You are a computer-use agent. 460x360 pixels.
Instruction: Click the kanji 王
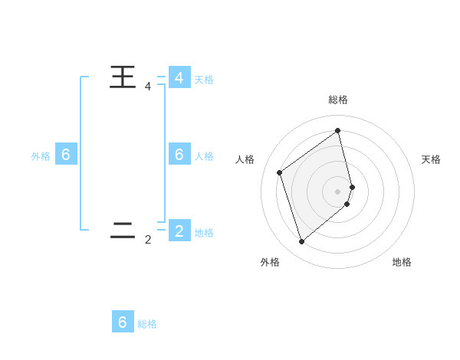click(x=123, y=77)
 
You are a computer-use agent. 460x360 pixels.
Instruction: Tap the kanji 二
click(x=123, y=230)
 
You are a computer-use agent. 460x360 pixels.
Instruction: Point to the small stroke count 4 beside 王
click(x=148, y=87)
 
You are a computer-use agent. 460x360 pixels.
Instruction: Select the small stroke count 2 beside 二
click(x=148, y=240)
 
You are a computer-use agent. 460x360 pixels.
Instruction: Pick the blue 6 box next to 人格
click(x=179, y=155)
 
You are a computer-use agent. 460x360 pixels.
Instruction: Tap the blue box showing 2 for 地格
click(x=179, y=231)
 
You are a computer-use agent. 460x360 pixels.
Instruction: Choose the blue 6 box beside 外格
click(x=66, y=155)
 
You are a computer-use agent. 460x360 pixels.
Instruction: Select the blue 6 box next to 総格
click(x=123, y=322)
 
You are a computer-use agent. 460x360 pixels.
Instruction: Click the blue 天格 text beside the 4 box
click(x=204, y=79)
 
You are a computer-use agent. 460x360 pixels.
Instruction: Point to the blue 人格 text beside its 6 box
click(x=204, y=156)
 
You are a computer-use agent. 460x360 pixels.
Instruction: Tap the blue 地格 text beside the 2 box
click(x=204, y=233)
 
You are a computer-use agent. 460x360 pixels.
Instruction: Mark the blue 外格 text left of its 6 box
click(x=41, y=156)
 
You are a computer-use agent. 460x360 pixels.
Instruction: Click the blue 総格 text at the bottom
click(x=147, y=324)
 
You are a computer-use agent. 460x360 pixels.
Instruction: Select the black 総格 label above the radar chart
click(x=338, y=100)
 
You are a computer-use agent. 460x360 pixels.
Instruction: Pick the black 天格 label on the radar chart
click(x=431, y=159)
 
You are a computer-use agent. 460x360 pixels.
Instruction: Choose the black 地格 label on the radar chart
click(x=402, y=262)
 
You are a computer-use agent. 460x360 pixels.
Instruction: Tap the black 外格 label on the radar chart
click(x=270, y=262)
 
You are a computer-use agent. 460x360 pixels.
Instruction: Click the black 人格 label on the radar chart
click(x=245, y=159)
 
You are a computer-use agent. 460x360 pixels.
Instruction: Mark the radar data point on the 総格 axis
click(x=338, y=130)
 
